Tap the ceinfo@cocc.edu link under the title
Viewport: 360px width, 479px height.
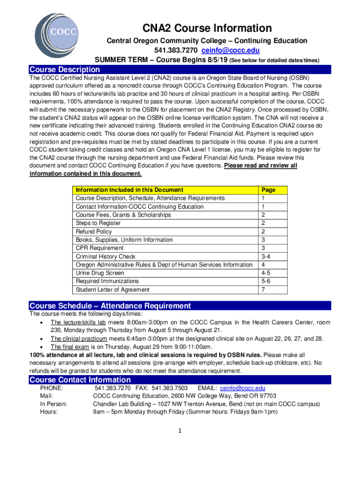(230, 51)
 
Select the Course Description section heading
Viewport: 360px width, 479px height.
(65, 69)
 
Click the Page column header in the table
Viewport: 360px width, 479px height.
(268, 190)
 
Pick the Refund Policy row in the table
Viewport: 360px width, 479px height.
(94, 232)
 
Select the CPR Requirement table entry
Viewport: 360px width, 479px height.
(100, 248)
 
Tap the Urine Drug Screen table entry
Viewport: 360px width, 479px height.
(100, 273)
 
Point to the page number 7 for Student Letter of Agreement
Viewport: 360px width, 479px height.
(264, 290)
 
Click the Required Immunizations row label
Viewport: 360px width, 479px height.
(107, 281)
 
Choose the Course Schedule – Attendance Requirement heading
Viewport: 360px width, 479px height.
(110, 306)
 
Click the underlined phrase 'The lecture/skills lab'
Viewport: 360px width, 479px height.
(78, 323)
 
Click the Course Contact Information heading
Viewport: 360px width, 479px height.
(80, 380)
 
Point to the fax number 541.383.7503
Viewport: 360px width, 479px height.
(170, 388)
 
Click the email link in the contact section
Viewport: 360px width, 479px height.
(243, 388)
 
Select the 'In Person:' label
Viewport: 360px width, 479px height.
(54, 404)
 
